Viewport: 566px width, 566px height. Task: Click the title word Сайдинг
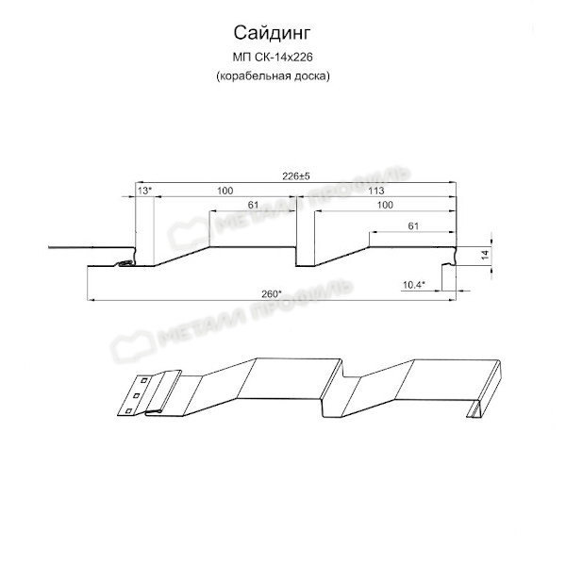pyautogui.click(x=272, y=34)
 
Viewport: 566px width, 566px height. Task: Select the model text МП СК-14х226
pyautogui.click(x=273, y=57)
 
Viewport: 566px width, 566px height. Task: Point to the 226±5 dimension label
pyautogui.click(x=296, y=176)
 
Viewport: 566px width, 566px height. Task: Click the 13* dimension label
pyautogui.click(x=144, y=191)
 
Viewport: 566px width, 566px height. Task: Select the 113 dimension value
pyautogui.click(x=376, y=191)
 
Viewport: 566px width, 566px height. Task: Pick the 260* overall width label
pyautogui.click(x=272, y=293)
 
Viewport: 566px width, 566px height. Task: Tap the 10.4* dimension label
pyautogui.click(x=414, y=285)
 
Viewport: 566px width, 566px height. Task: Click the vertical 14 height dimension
pyautogui.click(x=485, y=255)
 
